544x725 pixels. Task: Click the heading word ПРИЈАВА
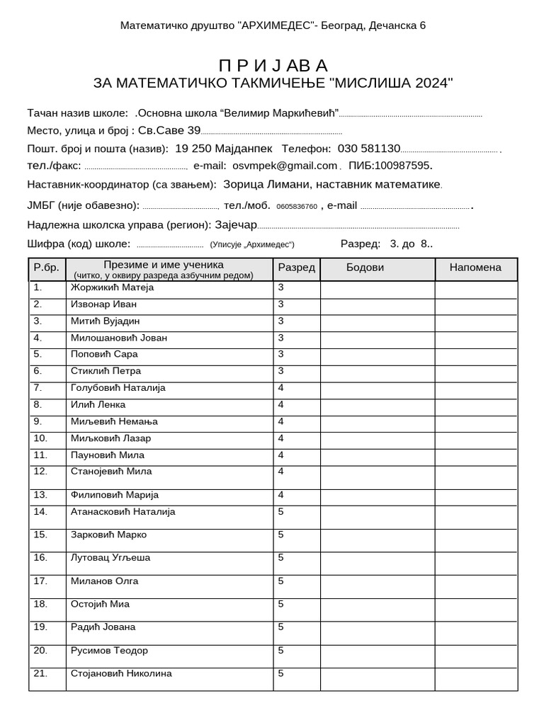point(273,65)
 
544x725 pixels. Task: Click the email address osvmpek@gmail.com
point(285,166)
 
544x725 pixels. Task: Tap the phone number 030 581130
point(369,149)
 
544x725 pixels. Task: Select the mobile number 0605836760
point(297,207)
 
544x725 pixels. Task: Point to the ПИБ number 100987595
point(402,166)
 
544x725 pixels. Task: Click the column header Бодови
point(365,268)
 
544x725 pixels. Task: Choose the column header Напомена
point(475,268)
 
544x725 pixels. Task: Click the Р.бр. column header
point(47,269)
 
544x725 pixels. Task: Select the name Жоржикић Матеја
point(112,288)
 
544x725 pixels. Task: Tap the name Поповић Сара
point(104,354)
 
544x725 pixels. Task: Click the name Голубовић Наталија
point(118,388)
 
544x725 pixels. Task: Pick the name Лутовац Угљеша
point(110,558)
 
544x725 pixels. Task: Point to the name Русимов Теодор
point(110,651)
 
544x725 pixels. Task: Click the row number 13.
point(40,495)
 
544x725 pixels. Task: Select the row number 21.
point(40,673)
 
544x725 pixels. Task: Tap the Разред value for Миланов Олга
point(281,581)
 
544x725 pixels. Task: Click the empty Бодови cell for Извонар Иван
point(377,305)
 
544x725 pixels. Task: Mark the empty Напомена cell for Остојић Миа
point(475,608)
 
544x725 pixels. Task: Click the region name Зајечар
point(235,224)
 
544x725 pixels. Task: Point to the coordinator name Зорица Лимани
point(266,185)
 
